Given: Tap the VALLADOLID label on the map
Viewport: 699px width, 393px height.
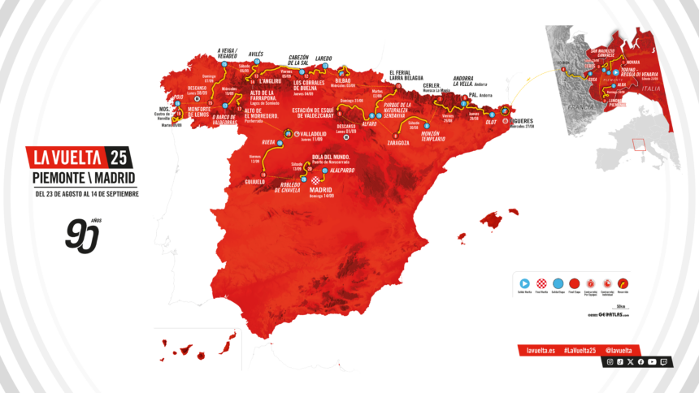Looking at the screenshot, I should coord(310,134).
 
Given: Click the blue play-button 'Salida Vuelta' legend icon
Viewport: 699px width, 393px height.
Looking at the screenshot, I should coord(524,283).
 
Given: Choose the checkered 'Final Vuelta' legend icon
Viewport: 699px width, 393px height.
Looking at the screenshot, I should coord(541,283).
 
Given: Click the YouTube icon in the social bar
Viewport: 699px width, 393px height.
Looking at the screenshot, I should coord(652,362).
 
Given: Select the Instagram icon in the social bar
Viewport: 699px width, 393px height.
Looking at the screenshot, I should coord(610,362).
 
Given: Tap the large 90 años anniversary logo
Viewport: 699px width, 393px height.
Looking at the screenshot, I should coord(83,235).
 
